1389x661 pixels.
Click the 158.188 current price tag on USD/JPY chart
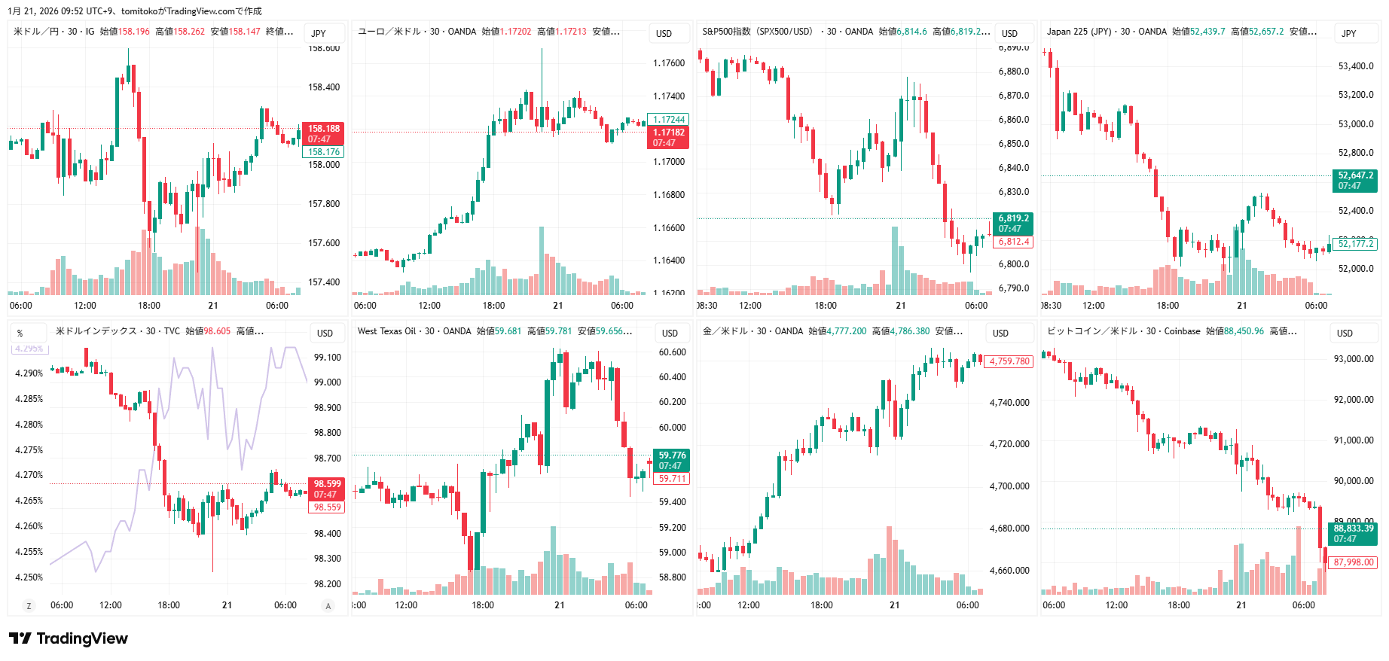point(323,129)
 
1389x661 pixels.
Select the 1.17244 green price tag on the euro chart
point(668,120)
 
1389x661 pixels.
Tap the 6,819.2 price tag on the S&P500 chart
point(1013,218)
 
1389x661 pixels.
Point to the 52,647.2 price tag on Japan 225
point(1355,175)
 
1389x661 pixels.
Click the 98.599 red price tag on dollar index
point(326,484)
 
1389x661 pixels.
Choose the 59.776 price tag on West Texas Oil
point(671,455)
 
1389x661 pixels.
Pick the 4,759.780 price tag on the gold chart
point(1009,361)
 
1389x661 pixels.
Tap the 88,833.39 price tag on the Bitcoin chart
point(1353,528)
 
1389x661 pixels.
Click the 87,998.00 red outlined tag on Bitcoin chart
point(1353,562)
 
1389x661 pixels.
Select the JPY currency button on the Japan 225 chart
point(1348,34)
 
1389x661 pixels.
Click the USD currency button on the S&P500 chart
point(1009,34)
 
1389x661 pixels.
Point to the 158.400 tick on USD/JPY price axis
point(324,87)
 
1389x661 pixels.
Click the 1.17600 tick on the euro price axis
point(669,63)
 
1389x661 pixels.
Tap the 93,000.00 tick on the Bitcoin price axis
point(1354,359)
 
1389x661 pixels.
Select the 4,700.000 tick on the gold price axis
point(1009,486)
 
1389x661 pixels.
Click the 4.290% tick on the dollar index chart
point(29,373)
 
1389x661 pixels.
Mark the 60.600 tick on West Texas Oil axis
point(672,352)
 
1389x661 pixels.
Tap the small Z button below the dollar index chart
point(29,606)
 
